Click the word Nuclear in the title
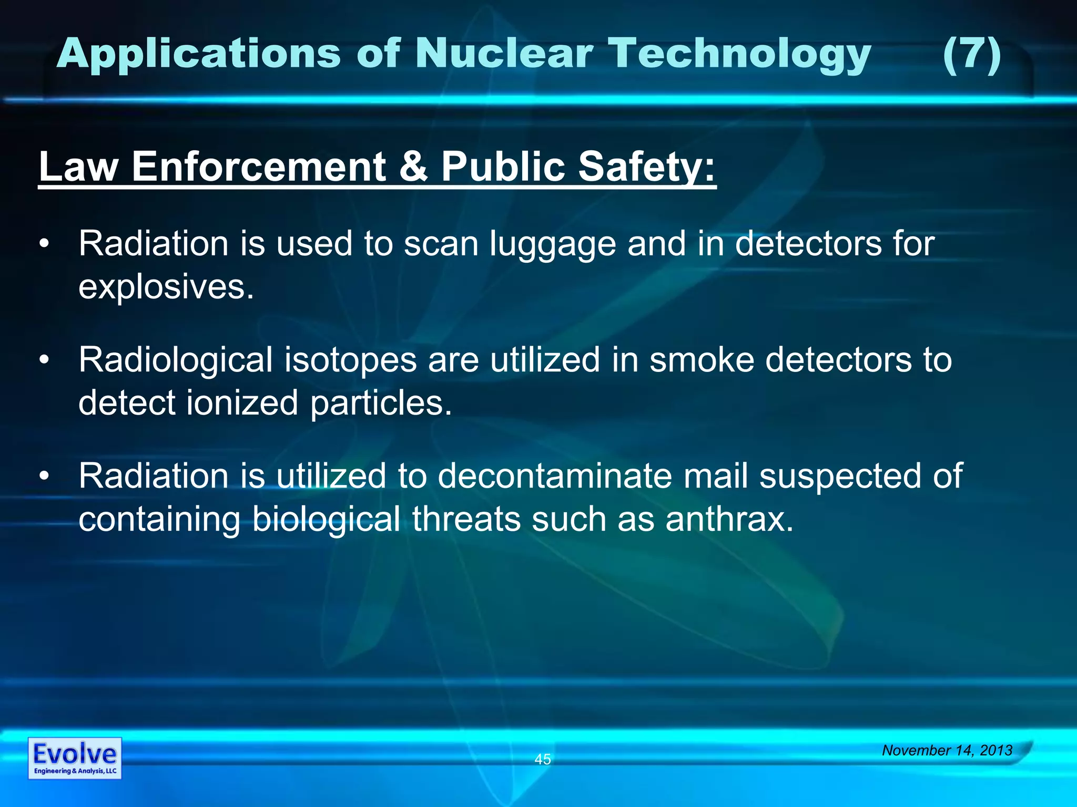coord(504,54)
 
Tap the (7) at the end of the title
coord(972,55)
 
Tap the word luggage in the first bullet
coord(552,245)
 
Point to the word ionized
coord(242,403)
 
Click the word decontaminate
coord(555,476)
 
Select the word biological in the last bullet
coord(326,519)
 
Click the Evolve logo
coord(75,758)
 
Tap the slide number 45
coord(543,759)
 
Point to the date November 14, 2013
coord(947,750)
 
